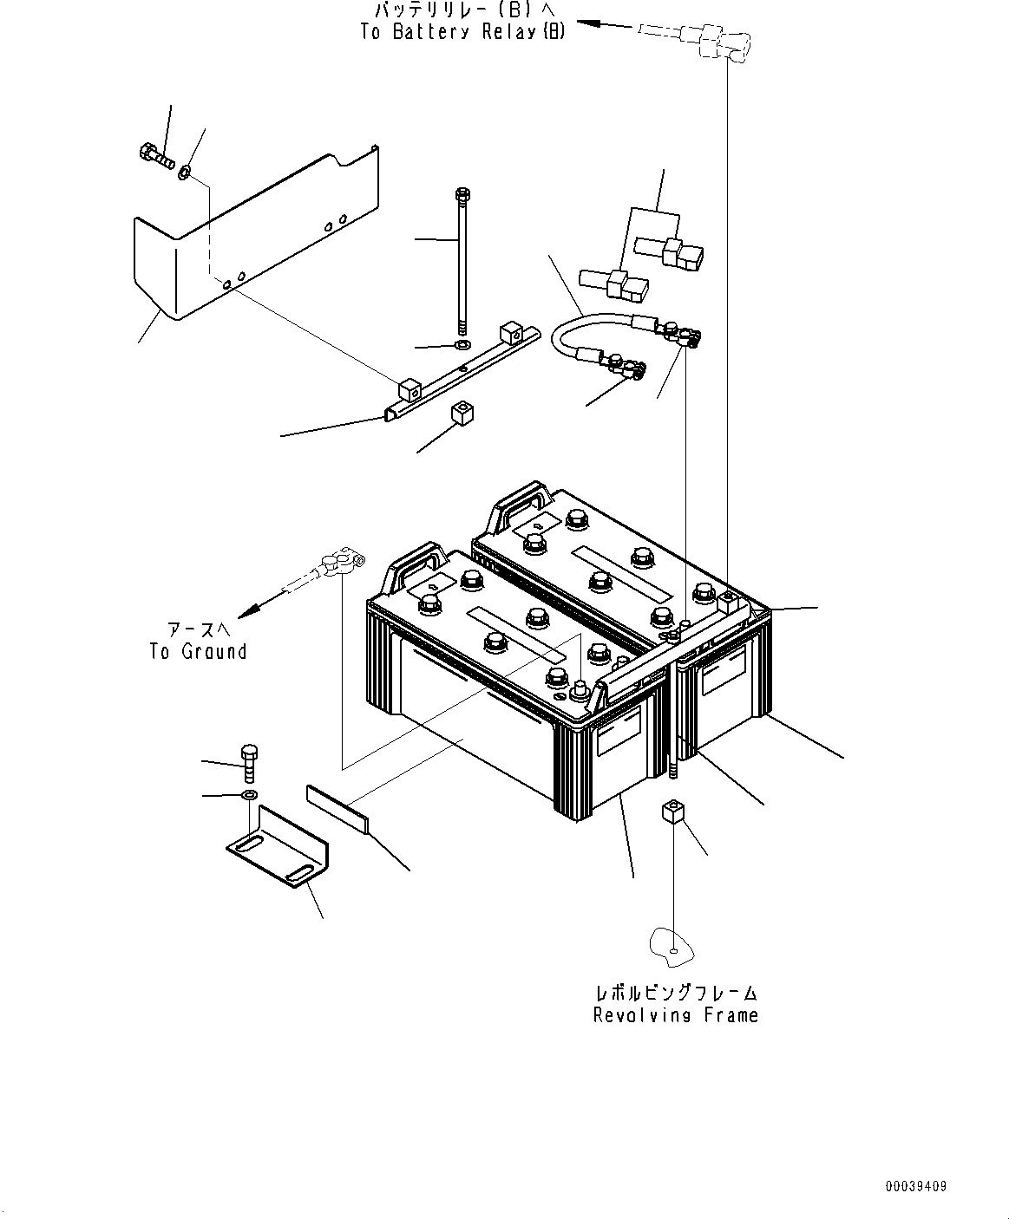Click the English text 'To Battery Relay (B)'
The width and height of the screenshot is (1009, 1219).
click(463, 32)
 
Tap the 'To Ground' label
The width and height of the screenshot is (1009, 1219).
click(198, 652)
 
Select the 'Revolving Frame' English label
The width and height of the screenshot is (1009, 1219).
click(675, 1015)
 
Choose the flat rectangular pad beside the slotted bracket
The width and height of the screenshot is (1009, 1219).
click(336, 808)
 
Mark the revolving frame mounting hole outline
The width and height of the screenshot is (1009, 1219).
click(673, 946)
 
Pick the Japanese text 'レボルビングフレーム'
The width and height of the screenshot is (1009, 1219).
click(675, 992)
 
